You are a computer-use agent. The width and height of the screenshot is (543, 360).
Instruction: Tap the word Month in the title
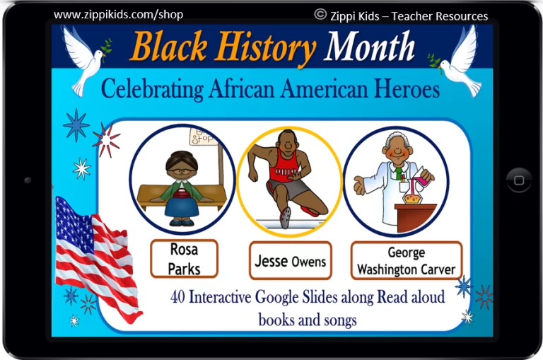369,45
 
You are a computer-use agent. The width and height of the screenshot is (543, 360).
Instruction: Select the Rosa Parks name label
185,259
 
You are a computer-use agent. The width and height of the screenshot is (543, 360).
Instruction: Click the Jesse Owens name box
290,260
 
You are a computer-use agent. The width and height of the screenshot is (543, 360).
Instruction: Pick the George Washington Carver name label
407,260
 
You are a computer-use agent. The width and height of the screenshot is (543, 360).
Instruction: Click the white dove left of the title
86,59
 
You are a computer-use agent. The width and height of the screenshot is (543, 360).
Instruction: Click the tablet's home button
518,180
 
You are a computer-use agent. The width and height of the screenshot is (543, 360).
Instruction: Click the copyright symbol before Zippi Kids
320,14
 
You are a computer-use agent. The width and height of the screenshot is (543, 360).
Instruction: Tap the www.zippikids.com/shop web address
119,15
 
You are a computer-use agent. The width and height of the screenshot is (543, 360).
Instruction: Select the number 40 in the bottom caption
177,297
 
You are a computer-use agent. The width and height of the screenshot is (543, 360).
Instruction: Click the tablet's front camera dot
28,180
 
